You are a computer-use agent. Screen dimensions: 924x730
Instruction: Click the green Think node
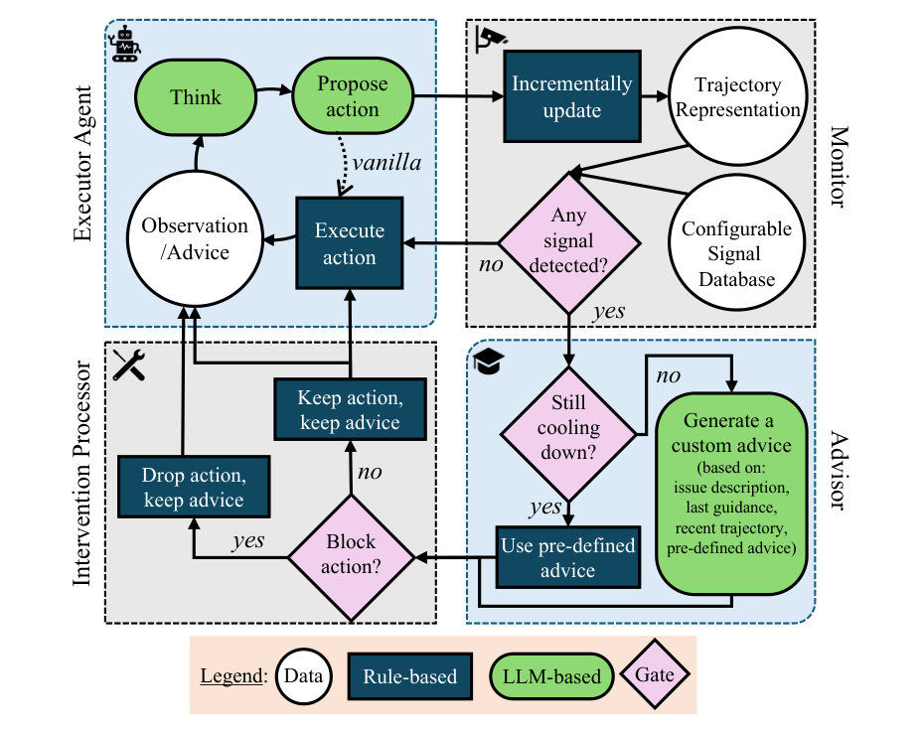196,97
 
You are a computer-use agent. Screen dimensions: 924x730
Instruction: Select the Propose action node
353,95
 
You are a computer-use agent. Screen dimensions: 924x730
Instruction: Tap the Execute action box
350,243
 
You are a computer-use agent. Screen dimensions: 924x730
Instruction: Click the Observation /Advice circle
195,238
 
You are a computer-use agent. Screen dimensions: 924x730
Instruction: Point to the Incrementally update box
572,96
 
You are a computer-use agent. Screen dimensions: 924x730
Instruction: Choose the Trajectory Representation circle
738,96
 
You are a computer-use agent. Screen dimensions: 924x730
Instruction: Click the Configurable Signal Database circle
736,242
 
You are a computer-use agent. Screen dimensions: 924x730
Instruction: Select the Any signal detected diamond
568,242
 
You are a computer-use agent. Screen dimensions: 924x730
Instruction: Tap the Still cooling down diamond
568,434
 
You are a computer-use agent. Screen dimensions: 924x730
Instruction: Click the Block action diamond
351,557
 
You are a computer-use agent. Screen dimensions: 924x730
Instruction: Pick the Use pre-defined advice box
568,557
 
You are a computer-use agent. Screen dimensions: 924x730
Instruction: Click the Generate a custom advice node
731,494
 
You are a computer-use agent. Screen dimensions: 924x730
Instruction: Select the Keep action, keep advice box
350,409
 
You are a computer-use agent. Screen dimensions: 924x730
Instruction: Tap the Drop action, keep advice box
194,487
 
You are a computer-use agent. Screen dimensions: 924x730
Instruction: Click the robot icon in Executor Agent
125,44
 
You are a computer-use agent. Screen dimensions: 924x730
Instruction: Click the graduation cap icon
489,362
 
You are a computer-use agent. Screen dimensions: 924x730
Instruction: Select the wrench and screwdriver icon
129,365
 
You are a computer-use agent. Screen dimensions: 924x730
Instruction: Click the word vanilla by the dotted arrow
386,163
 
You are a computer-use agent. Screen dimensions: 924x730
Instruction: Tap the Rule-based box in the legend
410,676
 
